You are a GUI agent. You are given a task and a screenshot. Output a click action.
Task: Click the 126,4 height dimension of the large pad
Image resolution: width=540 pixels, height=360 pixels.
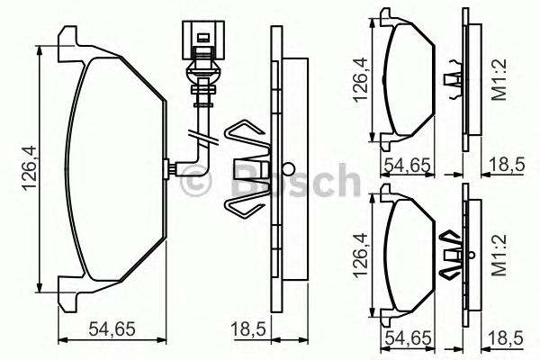28,169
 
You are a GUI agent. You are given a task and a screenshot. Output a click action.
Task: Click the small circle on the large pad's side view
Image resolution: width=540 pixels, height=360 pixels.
287,168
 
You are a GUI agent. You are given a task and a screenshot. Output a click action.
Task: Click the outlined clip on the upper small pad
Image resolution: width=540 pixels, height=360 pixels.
454,76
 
